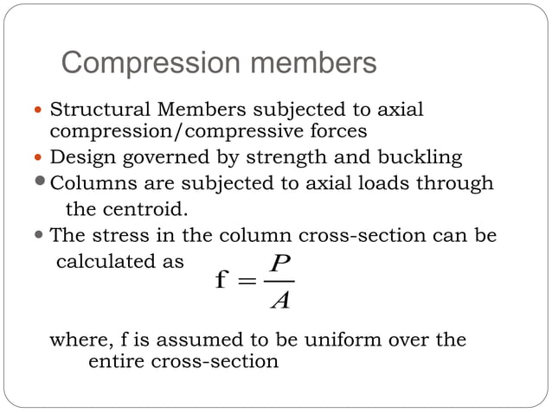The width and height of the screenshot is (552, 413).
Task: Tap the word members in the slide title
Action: click(309, 64)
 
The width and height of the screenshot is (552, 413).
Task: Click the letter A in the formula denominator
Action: click(279, 302)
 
